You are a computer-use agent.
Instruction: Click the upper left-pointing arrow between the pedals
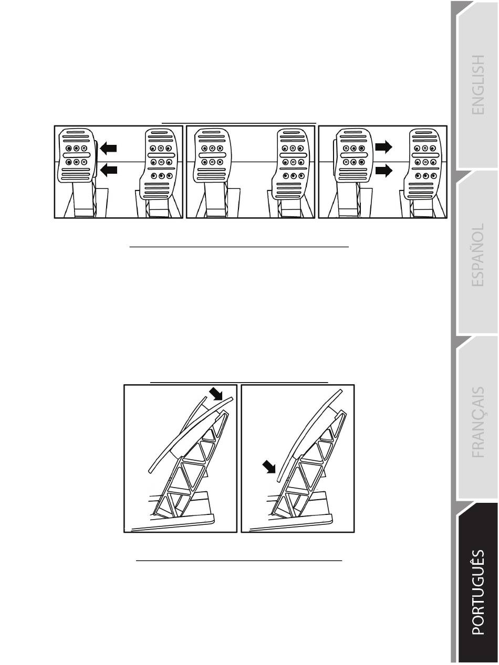click(x=108, y=149)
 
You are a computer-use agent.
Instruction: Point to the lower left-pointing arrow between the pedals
click(x=108, y=170)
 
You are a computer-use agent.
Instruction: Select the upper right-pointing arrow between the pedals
click(x=384, y=148)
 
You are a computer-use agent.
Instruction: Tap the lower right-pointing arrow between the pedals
click(x=384, y=171)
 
